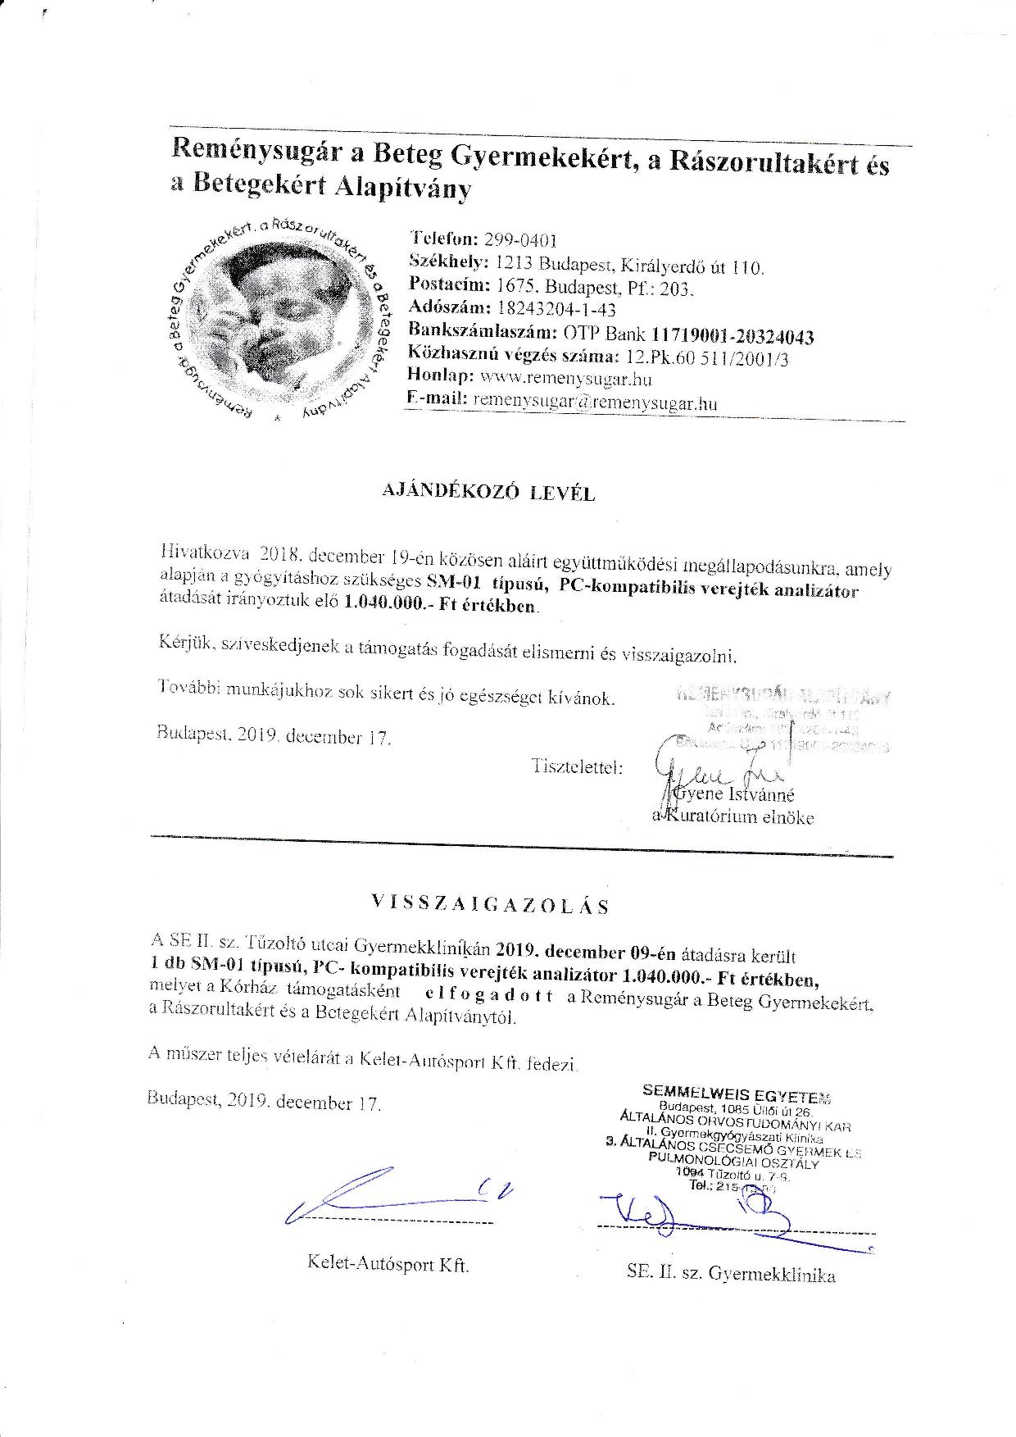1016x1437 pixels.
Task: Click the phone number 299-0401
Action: point(521,240)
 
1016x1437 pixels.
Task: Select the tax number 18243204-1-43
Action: point(556,309)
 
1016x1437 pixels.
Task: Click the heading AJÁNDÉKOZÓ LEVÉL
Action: point(489,493)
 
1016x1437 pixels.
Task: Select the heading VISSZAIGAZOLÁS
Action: point(490,904)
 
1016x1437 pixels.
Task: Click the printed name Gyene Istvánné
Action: point(733,794)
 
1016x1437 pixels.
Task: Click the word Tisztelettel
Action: point(578,768)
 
